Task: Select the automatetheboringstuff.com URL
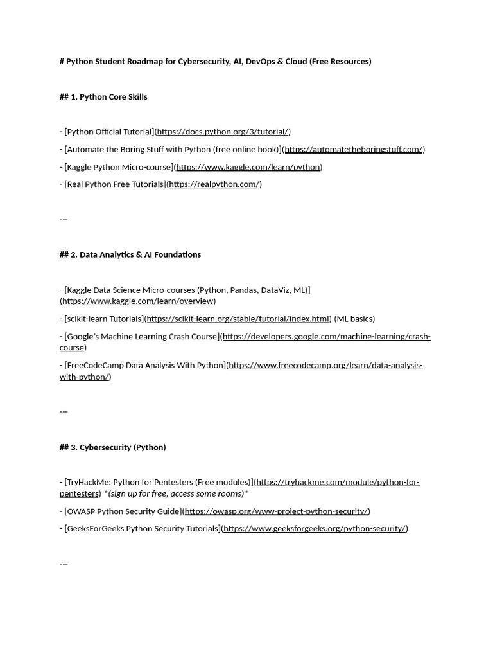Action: point(353,149)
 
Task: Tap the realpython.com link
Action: point(214,184)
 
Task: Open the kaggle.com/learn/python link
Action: point(248,167)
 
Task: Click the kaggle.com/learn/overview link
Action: point(137,301)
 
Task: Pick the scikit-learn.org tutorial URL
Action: point(238,319)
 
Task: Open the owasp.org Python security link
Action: point(276,511)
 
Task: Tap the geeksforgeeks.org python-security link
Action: point(315,529)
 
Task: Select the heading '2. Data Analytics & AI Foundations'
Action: point(135,254)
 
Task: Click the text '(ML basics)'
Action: point(355,319)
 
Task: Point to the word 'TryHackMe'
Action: point(87,482)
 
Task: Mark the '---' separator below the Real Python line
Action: point(64,219)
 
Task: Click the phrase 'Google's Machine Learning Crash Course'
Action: point(141,337)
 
